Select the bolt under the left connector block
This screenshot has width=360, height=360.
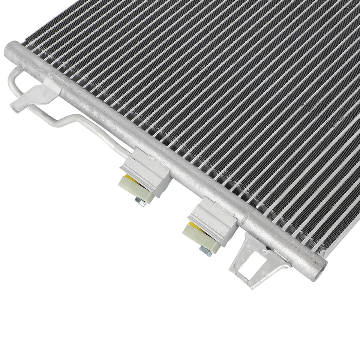142,203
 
